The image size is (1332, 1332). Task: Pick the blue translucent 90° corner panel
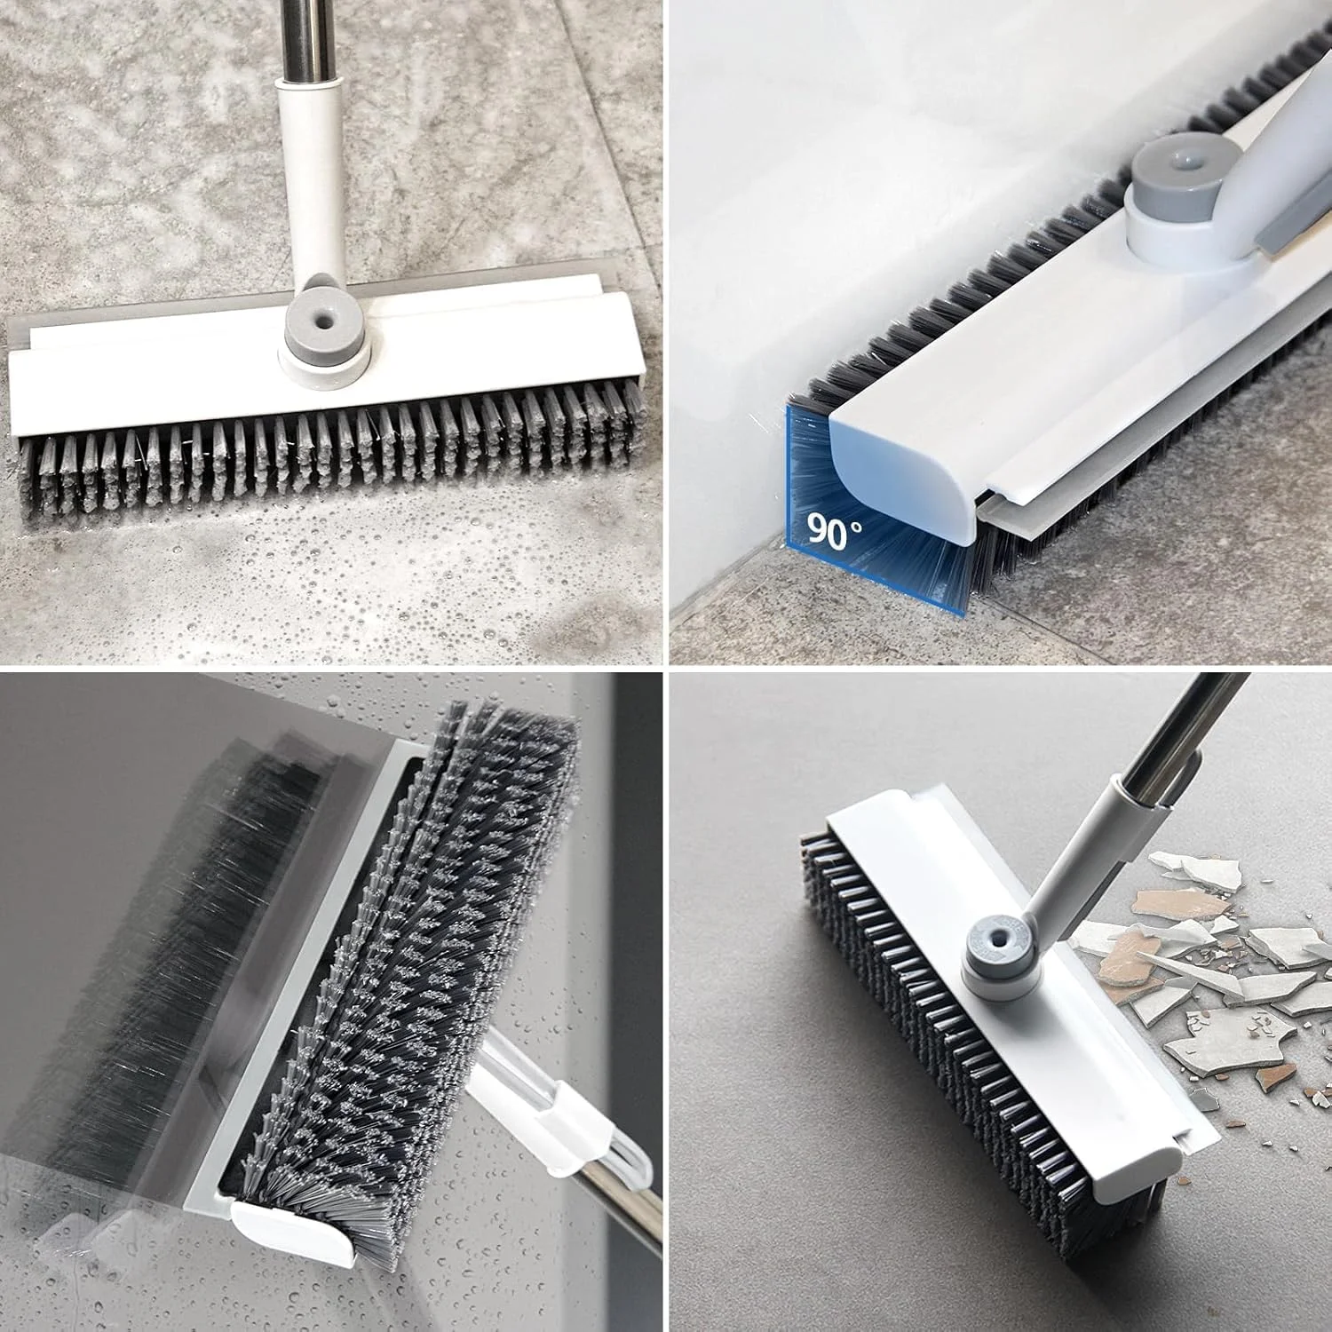(x=875, y=506)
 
